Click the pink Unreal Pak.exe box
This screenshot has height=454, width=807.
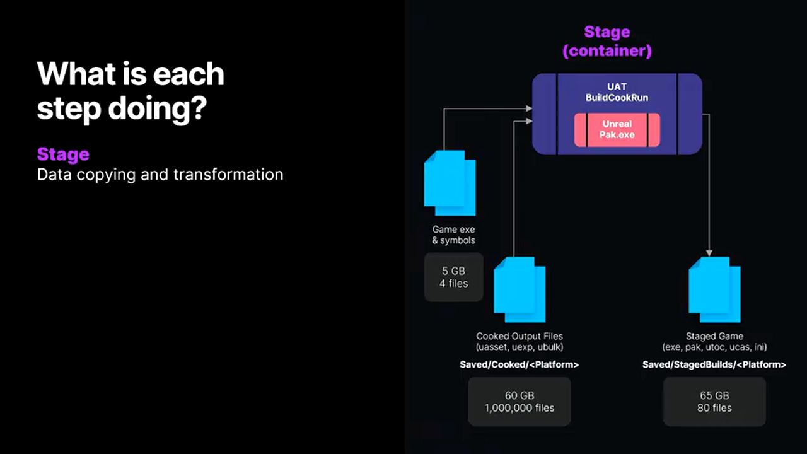coord(617,129)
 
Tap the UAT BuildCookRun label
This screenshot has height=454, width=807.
coord(617,92)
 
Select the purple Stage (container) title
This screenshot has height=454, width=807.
coord(607,41)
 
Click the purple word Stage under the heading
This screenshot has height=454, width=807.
coord(63,154)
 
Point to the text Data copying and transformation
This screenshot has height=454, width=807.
coord(160,174)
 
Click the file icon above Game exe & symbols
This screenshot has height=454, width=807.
coord(450,183)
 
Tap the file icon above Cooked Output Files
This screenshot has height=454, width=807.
coord(519,289)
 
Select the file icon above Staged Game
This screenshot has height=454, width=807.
coord(714,289)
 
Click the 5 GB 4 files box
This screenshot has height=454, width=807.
coord(454,277)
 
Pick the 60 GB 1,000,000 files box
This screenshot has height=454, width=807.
coord(520,402)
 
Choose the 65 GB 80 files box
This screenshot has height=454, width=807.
coord(714,402)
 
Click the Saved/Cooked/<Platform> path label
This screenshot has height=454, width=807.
coord(520,364)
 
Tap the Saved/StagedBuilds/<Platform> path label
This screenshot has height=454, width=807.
coord(714,364)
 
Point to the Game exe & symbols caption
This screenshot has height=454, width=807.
coord(454,235)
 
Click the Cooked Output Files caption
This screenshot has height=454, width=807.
coord(520,336)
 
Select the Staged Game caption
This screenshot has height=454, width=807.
coord(714,336)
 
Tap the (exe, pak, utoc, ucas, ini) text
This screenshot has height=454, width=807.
coord(714,347)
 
